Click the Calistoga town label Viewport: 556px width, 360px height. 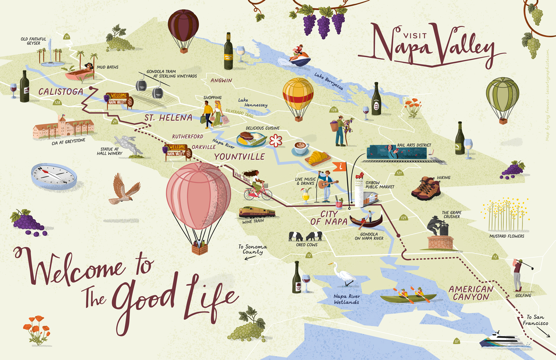pos(61,92)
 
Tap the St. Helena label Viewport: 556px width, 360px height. pos(168,118)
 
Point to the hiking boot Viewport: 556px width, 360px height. pos(427,188)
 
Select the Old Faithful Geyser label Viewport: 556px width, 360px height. pos(33,41)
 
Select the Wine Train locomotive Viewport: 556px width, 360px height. pos(257,212)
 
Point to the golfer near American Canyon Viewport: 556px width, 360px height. pos(520,274)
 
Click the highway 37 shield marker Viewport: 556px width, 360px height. pos(457,341)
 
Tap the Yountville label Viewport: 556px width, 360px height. pos(239,157)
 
